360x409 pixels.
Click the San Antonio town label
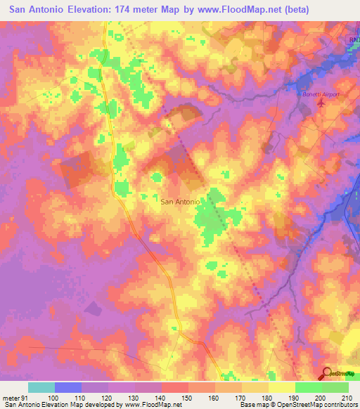pyautogui.click(x=181, y=201)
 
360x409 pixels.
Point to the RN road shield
pyautogui.click(x=353, y=41)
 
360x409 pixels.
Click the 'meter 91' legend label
pyautogui.click(x=15, y=397)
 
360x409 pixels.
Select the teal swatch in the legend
pyautogui.click(x=41, y=387)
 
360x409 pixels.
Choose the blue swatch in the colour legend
pyautogui.click(x=68, y=387)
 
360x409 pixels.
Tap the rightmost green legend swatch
pyautogui.click(x=335, y=387)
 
